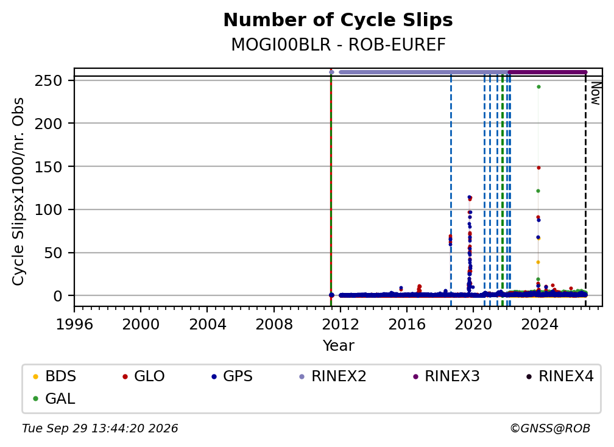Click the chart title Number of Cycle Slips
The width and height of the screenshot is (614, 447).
coord(338,20)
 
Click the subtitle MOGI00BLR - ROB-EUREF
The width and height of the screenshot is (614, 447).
coord(338,45)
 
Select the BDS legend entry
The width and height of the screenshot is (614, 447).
coord(55,376)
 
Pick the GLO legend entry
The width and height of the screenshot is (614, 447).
coord(143,376)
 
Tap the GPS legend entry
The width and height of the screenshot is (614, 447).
coord(232,376)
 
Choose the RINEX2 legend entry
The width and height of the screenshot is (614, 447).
coord(333,376)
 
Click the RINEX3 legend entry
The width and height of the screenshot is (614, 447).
coord(446,376)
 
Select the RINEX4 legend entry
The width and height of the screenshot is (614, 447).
coord(560,376)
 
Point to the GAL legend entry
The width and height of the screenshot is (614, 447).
coord(54,399)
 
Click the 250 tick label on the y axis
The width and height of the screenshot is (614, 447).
coord(49,81)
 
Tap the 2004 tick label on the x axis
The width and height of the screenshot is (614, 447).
coord(208,325)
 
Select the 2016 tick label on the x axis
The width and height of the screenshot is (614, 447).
coord(407,325)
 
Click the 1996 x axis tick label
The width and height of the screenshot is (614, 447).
coord(74,325)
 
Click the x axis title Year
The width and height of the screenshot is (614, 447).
coord(338,346)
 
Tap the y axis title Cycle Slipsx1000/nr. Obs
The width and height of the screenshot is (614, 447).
coord(18,192)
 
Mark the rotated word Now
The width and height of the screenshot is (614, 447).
coord(595,94)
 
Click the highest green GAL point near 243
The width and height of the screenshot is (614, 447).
coord(539,87)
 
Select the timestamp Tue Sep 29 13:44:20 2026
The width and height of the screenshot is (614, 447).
coord(100,429)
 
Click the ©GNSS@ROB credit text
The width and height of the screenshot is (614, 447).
coord(550,429)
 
